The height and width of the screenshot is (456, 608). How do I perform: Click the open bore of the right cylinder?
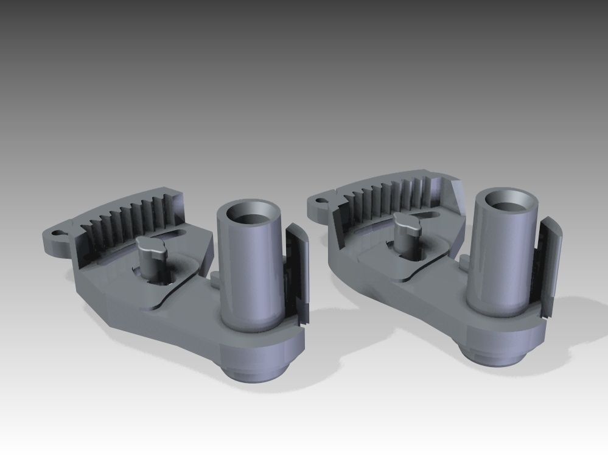click(507, 199)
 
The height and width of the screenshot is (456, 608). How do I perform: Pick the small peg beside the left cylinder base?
click(215, 281)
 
